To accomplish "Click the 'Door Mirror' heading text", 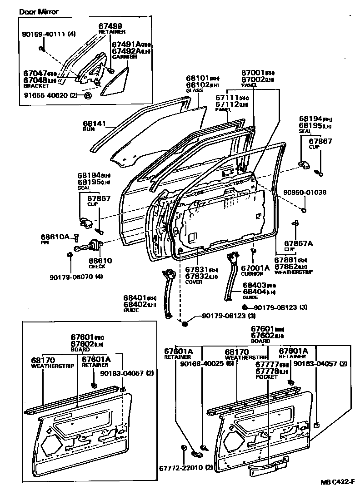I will [38, 11].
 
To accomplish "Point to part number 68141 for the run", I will [94, 123].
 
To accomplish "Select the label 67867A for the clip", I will [299, 243].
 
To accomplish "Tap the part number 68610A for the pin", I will [54, 237].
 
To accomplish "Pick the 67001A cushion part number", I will [255, 268].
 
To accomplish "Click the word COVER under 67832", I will [194, 282].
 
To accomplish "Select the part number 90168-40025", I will [200, 364].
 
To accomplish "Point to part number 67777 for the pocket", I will [267, 365].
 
